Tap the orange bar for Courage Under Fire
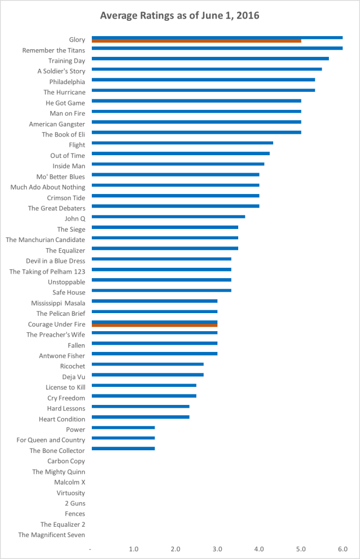155,326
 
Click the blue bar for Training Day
210,58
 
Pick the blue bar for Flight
182,143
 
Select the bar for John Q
168,216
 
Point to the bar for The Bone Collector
123,449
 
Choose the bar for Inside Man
178,164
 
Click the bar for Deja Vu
147,375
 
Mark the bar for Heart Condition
140,417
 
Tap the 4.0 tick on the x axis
259,548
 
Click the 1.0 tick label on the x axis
134,548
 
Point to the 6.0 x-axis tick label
343,548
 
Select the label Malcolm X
69,482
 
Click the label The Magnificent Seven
51,535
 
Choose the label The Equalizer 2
63,525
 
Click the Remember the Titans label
54,50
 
